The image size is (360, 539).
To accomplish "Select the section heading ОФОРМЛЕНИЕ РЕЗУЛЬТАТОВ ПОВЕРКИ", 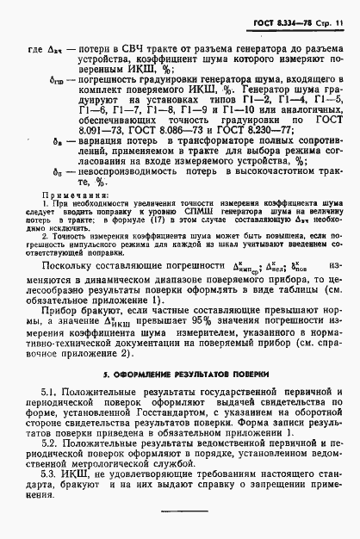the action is [180, 376].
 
